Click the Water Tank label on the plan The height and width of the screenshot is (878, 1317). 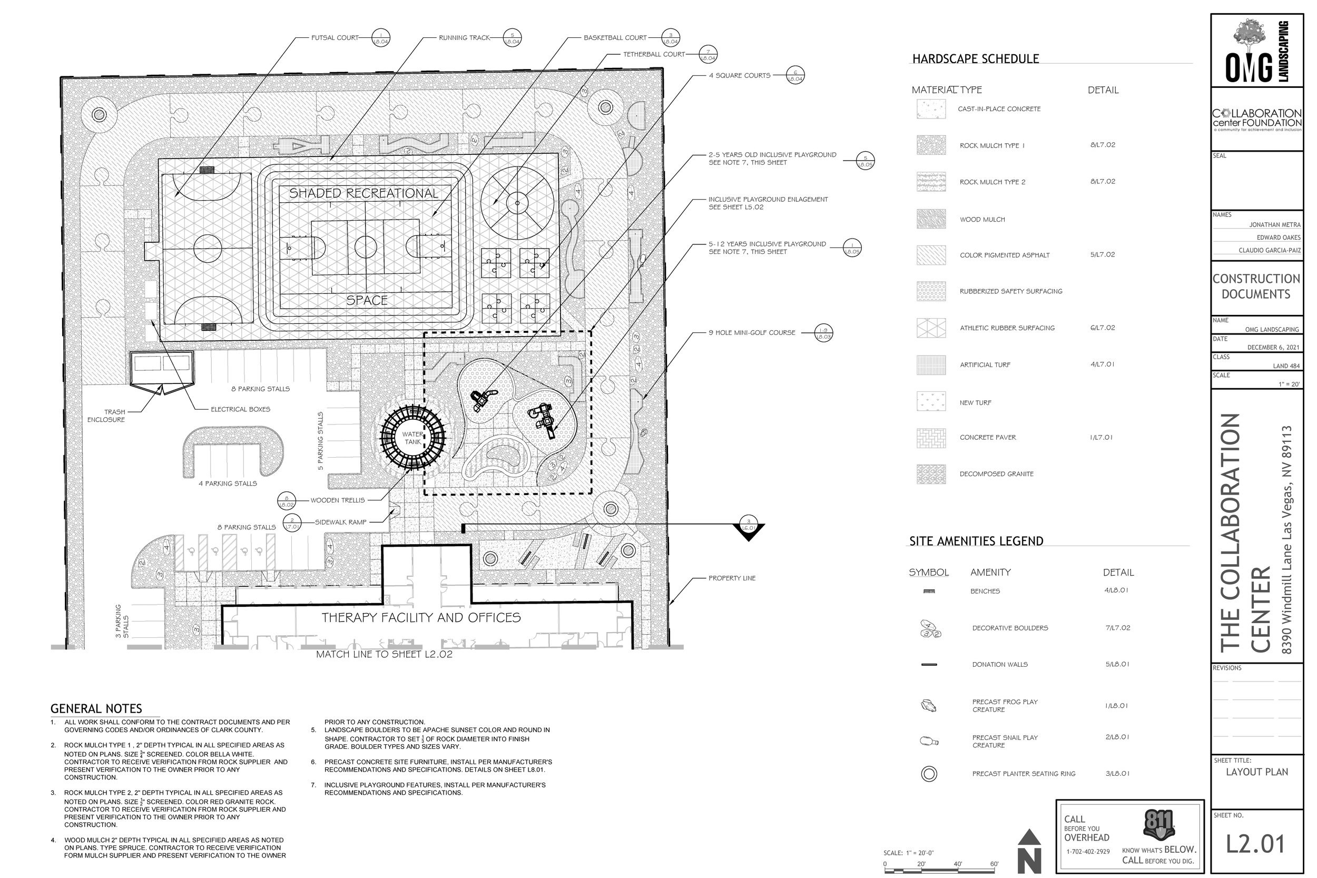point(412,438)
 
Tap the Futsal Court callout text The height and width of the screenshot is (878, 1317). point(335,38)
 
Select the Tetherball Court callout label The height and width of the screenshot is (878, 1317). point(653,55)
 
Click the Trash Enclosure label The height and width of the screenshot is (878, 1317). point(106,416)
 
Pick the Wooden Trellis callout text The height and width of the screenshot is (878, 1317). point(337,500)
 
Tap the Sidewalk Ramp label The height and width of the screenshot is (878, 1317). point(340,522)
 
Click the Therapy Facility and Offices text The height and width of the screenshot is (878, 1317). point(421,618)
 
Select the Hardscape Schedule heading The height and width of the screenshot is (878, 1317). point(976,60)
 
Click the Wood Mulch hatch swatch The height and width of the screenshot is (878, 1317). point(931,219)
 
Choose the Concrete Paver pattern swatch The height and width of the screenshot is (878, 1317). point(931,438)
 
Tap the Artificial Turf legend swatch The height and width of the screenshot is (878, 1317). point(931,365)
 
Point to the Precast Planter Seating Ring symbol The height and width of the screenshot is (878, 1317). point(929,774)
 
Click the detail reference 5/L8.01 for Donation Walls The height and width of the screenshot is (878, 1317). point(1117,665)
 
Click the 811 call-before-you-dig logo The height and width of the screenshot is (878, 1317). point(1158,825)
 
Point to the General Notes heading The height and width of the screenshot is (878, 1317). point(96,709)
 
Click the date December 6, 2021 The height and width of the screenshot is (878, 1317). point(1273,347)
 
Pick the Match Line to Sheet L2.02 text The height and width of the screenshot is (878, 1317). point(384,654)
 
